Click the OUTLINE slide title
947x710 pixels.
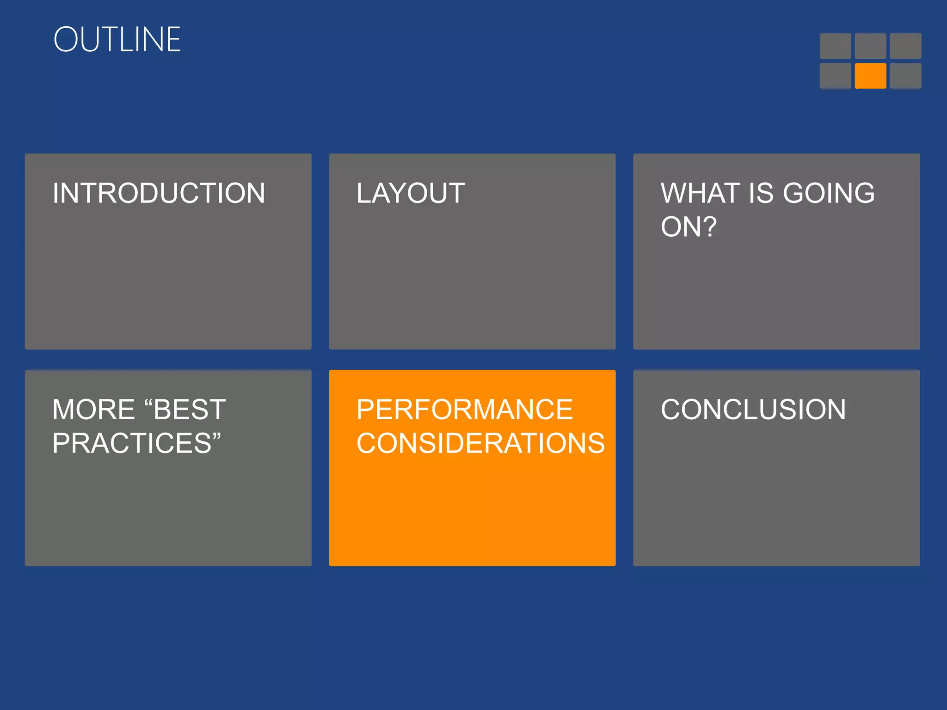tap(117, 40)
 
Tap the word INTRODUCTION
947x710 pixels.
tap(159, 193)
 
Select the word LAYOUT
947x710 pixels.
tap(411, 193)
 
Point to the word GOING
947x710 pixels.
tap(829, 193)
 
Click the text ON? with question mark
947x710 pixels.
tap(689, 227)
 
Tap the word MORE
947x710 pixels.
tap(93, 410)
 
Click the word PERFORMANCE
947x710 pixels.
tap(465, 410)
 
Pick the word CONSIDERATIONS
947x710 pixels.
tap(480, 443)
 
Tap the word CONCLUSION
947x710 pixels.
tap(753, 410)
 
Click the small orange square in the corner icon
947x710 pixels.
tap(870, 76)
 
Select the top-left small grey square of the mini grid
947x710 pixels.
tap(835, 46)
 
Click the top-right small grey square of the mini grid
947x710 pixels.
tap(905, 46)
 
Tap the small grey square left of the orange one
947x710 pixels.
tap(835, 76)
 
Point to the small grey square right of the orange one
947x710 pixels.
tap(905, 76)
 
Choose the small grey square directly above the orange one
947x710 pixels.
tap(870, 46)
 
